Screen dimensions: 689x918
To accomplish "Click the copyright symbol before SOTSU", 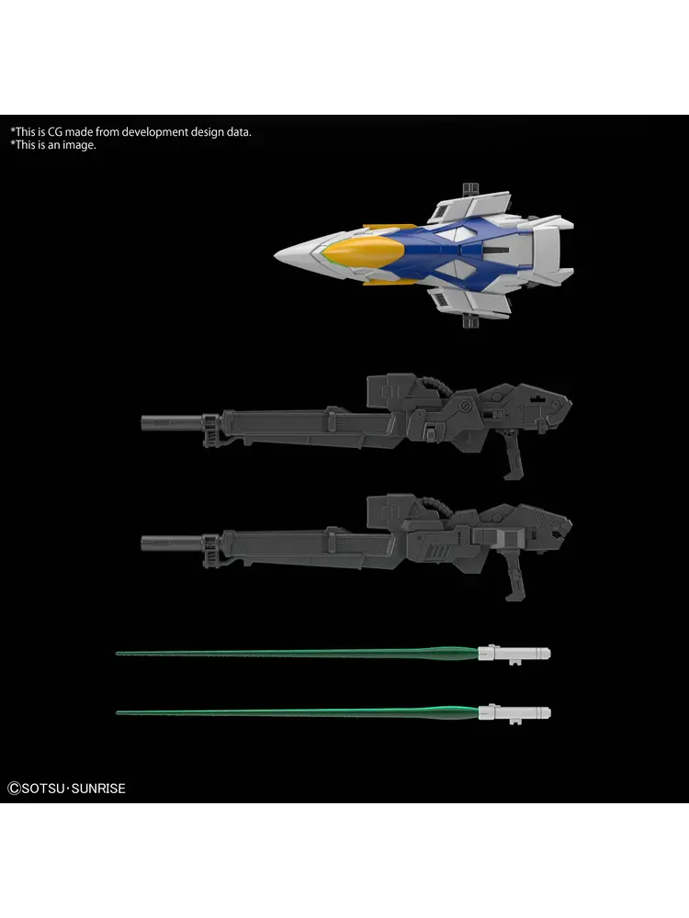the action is [x=13, y=788].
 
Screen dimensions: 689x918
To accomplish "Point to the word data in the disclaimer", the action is [x=238, y=132].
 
